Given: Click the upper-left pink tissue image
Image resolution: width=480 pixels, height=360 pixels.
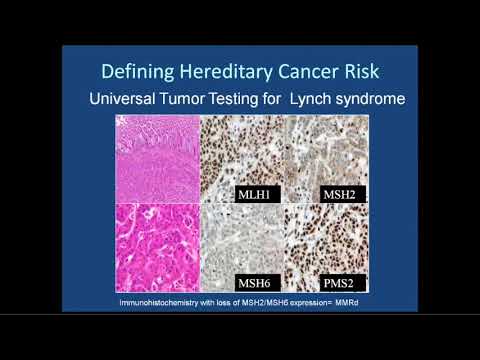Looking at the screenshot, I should pyautogui.click(x=157, y=158).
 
